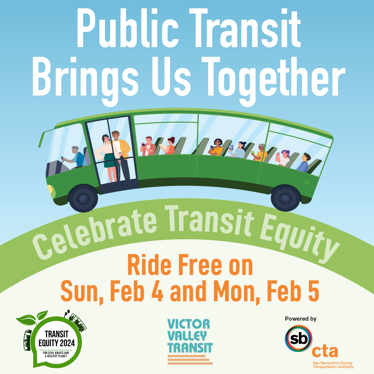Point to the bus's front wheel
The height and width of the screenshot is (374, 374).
coord(83,198)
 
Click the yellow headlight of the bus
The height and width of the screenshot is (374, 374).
coord(51,190)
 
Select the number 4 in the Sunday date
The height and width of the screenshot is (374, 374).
coord(154,292)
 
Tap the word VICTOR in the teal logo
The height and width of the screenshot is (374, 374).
coord(189,324)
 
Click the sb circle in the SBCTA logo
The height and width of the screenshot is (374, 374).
coord(298,338)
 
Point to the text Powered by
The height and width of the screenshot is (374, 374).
coord(301,319)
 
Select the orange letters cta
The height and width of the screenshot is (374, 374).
coord(324,351)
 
